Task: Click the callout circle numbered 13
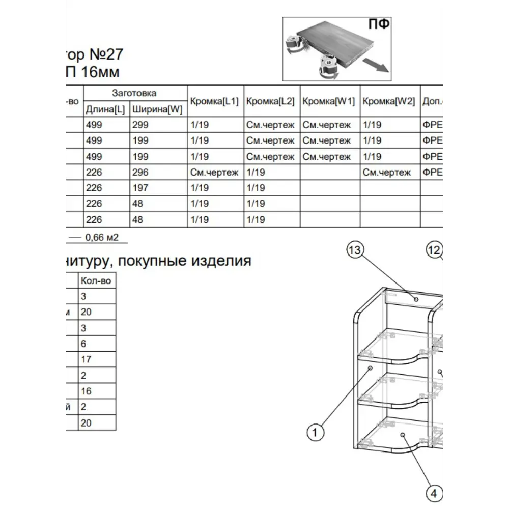point(356,250)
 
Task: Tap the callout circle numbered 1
point(315,433)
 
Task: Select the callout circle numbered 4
point(434,493)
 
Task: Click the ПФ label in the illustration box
point(379,24)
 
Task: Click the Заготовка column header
point(134,93)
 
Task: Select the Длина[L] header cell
point(105,109)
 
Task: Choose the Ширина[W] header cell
point(157,109)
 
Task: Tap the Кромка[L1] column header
point(214,101)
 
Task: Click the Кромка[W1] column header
point(329,101)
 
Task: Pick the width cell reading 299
point(140,125)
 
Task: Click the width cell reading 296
point(140,172)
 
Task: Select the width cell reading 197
point(140,188)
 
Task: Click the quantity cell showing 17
point(86,359)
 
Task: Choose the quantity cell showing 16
point(86,391)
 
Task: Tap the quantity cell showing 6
point(84,344)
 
